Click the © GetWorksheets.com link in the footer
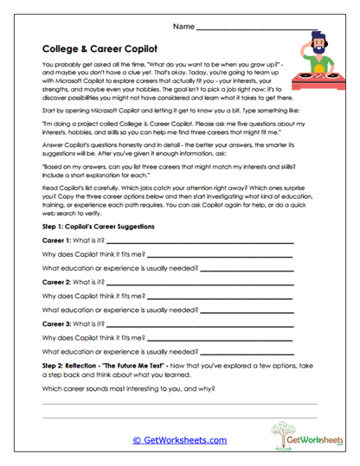[179, 440]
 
